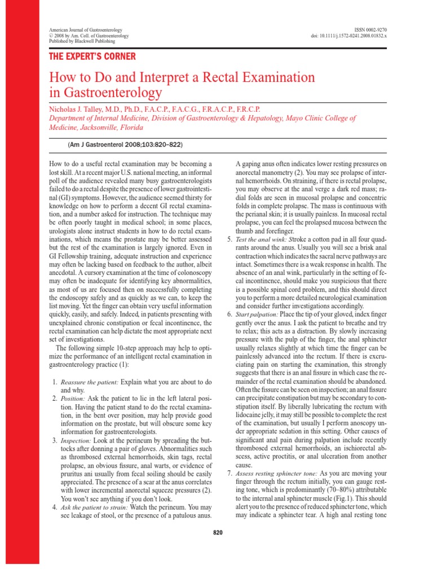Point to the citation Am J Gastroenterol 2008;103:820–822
(125, 144)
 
